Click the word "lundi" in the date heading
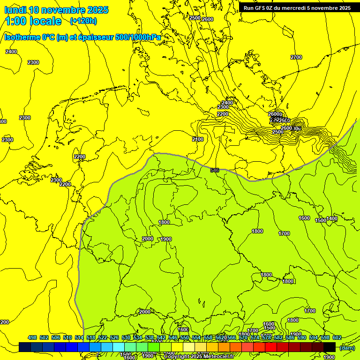[x=15, y=10]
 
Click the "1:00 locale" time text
[x=33, y=21]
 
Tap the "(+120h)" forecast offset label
[x=83, y=21]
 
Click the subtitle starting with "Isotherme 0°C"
[x=82, y=37]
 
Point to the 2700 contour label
[x=296, y=57]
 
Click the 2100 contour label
[x=198, y=139]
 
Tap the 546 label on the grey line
[x=215, y=170]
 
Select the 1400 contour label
[x=332, y=218]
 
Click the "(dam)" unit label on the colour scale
[x=347, y=347]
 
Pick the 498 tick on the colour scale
[x=32, y=337]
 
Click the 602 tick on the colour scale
[x=337, y=337]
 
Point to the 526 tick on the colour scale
[x=114, y=337]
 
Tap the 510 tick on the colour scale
[x=67, y=337]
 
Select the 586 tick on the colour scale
[x=290, y=337]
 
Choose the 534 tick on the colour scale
[x=138, y=337]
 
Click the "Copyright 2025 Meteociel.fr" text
[x=202, y=357]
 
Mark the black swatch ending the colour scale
[x=330, y=347]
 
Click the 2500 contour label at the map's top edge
[x=195, y=18]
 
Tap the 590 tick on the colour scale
[x=302, y=337]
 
